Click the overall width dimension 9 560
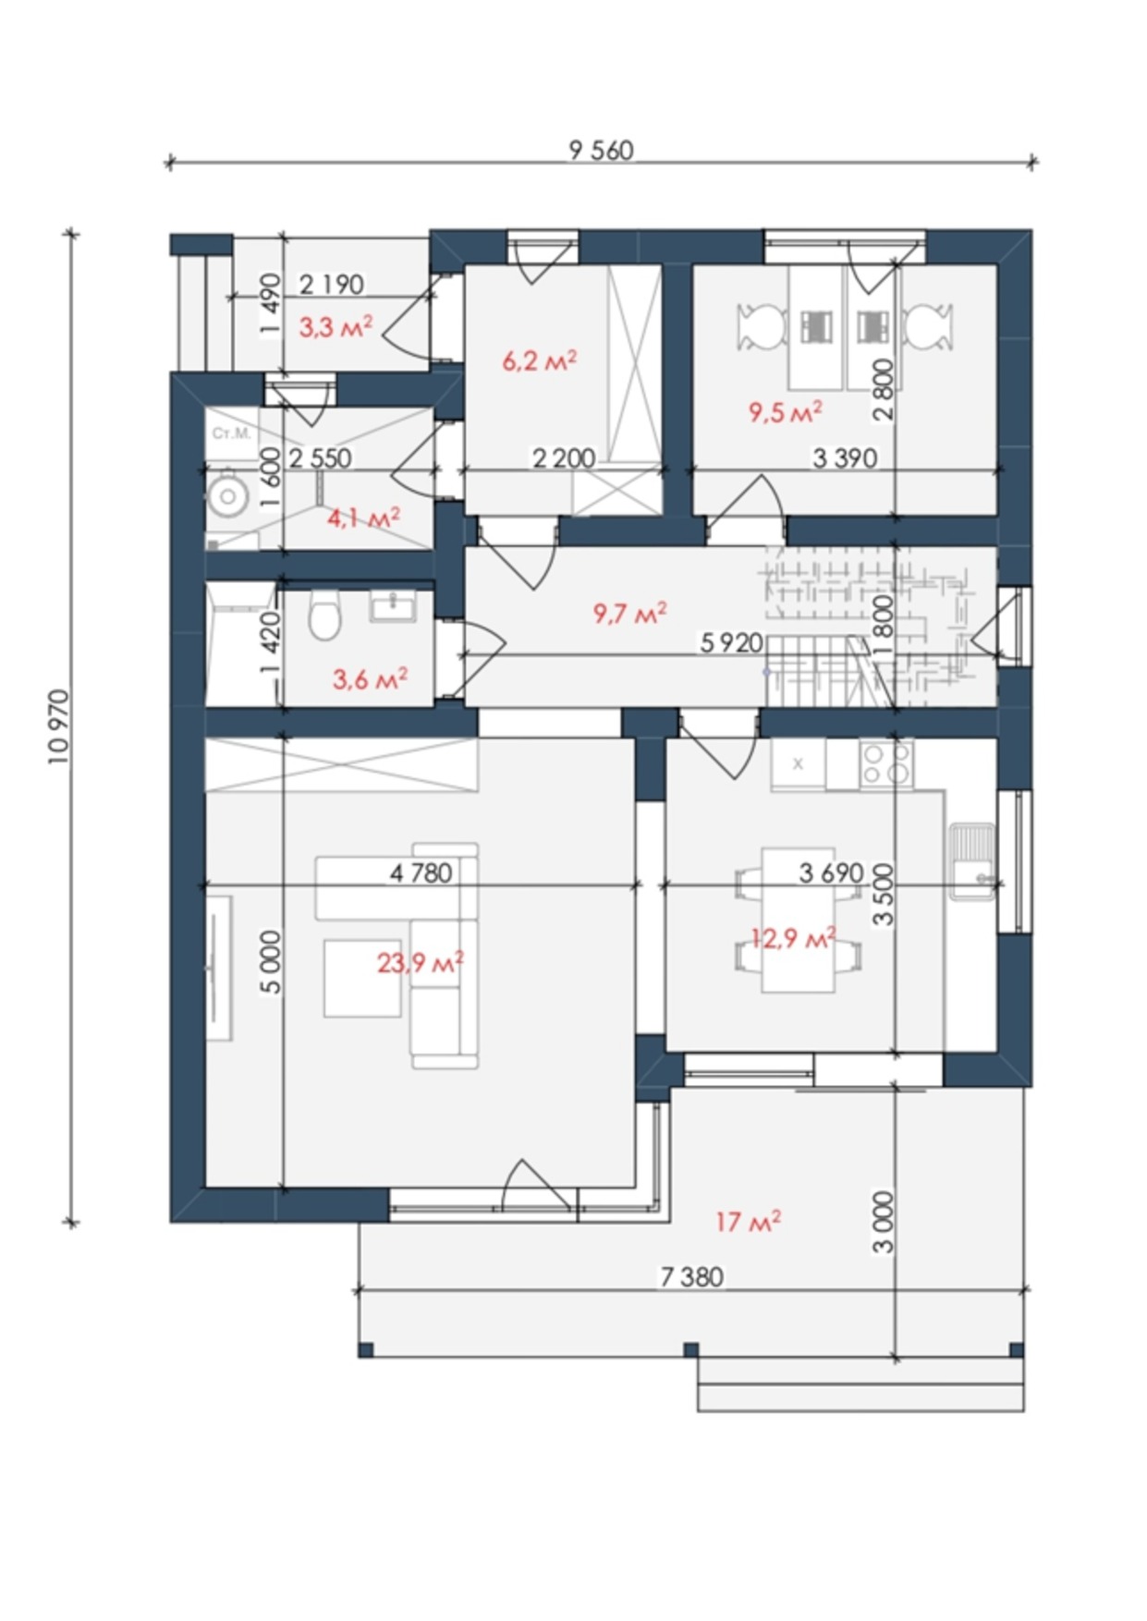click(x=602, y=150)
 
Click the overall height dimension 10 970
click(x=60, y=726)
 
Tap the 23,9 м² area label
click(x=421, y=963)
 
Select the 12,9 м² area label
click(x=793, y=940)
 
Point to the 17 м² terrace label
click(x=748, y=1222)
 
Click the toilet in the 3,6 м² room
click(x=324, y=616)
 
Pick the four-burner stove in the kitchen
click(x=886, y=764)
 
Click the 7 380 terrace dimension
click(x=691, y=1277)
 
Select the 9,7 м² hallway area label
click(x=630, y=613)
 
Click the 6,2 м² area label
click(x=540, y=360)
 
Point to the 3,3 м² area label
click(x=336, y=326)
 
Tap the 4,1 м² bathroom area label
click(x=363, y=518)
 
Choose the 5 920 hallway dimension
click(x=731, y=642)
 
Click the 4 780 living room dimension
click(x=421, y=872)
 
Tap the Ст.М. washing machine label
click(x=231, y=433)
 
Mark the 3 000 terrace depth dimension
click(x=885, y=1221)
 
